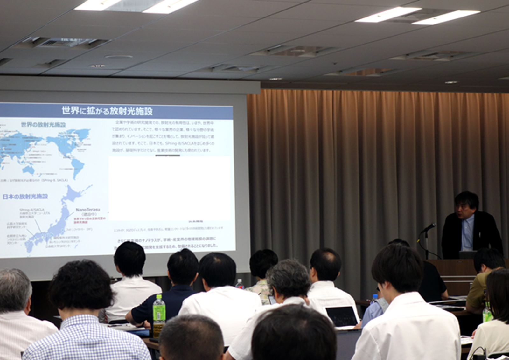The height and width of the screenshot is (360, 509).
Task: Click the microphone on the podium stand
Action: coord(429,227)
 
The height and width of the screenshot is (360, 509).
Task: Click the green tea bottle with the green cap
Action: coord(159,315)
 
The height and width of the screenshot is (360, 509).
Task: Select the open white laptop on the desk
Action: coord(342,317)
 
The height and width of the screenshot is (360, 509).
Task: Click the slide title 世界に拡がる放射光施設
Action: coord(107,111)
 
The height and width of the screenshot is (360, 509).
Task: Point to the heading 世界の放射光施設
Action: coord(43,124)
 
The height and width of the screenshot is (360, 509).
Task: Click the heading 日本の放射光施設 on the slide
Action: coord(25,197)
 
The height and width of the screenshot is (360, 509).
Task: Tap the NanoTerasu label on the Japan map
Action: coord(88,210)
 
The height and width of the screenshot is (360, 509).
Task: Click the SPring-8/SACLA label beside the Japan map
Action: coord(32,210)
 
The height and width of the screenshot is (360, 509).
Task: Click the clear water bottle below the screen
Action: coord(240,284)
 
